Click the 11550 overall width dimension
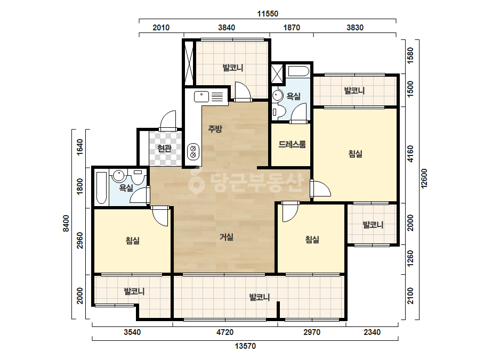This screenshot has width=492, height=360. (268, 14)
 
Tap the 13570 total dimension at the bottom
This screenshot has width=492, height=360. (245, 346)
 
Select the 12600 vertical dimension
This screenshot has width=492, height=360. (424, 178)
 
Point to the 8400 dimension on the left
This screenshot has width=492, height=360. (66, 223)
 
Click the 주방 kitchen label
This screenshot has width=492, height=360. (215, 128)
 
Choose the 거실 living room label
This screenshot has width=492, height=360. (226, 237)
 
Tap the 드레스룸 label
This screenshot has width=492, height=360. (292, 144)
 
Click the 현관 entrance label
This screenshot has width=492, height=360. (164, 148)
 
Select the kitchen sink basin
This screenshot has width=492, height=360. (201, 96)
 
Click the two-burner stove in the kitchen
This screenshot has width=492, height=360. (193, 151)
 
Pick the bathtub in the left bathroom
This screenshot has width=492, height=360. (101, 187)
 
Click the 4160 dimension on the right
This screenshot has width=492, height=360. (410, 154)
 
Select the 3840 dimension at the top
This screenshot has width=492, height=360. (227, 28)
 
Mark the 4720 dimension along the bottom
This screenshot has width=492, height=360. (225, 332)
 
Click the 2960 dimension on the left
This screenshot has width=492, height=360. (80, 240)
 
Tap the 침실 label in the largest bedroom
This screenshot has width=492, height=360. (356, 154)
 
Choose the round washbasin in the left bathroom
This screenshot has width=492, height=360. (119, 176)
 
